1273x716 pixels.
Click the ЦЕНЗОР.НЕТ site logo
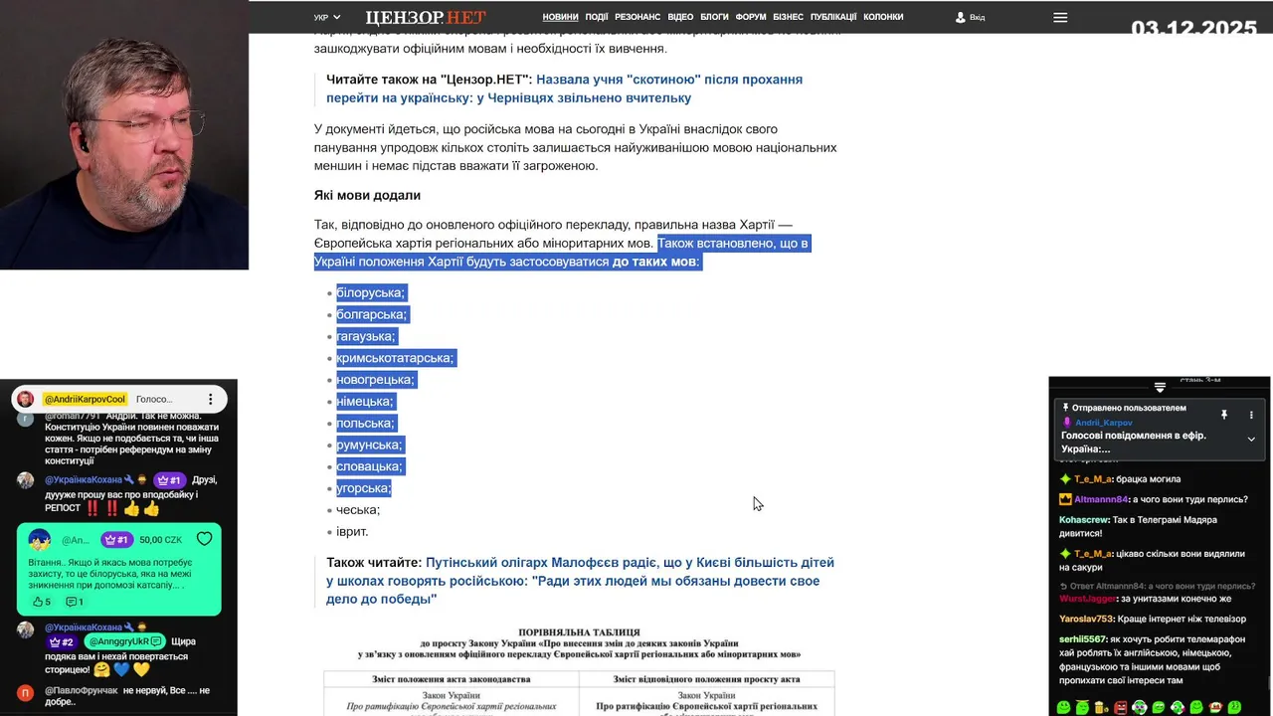[x=425, y=17]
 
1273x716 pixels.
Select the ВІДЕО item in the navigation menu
[x=680, y=17]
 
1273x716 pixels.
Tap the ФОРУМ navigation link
[x=751, y=17]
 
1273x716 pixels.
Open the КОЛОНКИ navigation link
[x=883, y=17]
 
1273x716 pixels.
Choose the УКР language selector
[x=326, y=18]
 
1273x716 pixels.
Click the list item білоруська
[x=370, y=292]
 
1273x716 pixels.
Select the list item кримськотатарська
[x=395, y=358]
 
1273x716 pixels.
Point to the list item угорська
[x=363, y=488]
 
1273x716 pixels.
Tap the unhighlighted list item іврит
[x=352, y=532]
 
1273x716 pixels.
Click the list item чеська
[x=358, y=510]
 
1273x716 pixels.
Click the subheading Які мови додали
[x=367, y=195]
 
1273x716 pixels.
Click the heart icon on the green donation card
[x=204, y=539]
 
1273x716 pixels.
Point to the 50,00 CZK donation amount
[x=160, y=540]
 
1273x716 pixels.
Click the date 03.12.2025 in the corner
[x=1193, y=28]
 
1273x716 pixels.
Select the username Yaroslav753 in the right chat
[x=1086, y=619]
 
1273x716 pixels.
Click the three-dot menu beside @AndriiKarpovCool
[x=210, y=399]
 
